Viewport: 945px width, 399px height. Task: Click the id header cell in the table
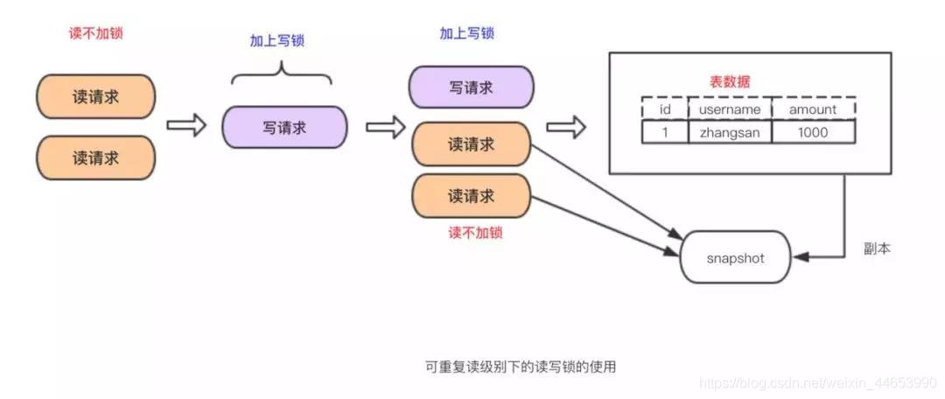click(x=664, y=108)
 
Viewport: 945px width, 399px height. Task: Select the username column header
click(x=730, y=108)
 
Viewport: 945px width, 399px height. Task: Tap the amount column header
click(x=812, y=108)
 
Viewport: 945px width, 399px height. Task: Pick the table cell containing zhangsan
click(x=730, y=132)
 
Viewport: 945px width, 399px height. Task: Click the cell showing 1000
click(x=812, y=132)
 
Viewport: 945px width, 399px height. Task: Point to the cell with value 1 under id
click(x=664, y=132)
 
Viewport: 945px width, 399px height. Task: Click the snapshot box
click(x=735, y=257)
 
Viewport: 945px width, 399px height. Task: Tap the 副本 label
click(x=877, y=249)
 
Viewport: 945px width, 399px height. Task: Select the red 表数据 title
click(x=729, y=81)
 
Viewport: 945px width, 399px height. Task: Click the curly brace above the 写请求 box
click(x=282, y=74)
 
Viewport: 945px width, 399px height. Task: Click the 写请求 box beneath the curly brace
click(x=284, y=127)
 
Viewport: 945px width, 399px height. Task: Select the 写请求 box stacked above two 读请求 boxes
click(x=471, y=87)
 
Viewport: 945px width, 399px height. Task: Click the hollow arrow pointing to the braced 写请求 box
click(x=185, y=125)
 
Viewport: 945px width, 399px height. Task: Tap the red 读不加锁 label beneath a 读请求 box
click(x=475, y=234)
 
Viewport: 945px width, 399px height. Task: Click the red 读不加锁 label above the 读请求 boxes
click(x=95, y=34)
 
